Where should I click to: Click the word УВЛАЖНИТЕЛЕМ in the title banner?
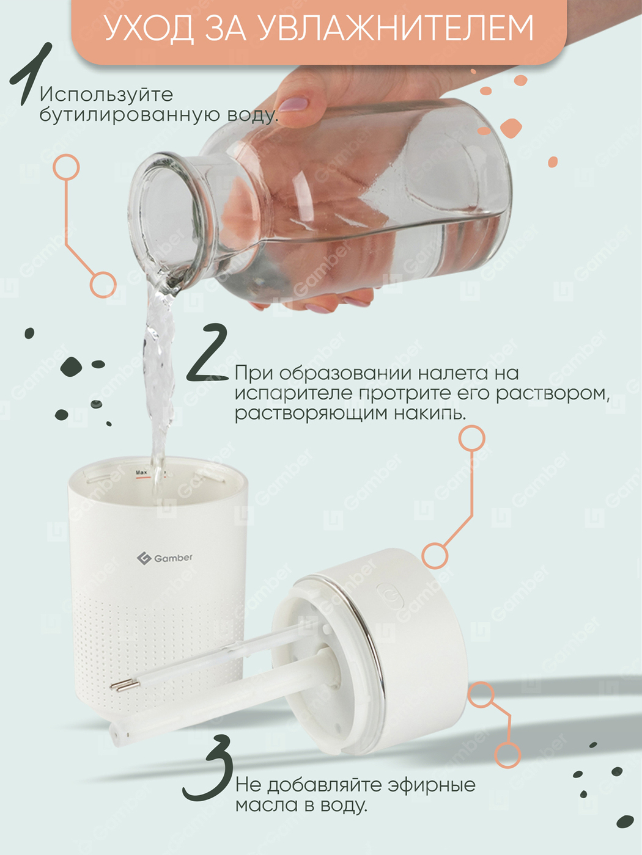coord(396,28)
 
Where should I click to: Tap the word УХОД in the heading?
coord(150,29)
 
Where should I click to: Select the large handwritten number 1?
coord(31,74)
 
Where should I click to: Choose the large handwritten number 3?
coord(208,768)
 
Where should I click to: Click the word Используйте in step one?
coord(106,95)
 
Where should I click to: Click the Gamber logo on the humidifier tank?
coord(165,558)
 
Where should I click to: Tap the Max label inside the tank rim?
coord(141,473)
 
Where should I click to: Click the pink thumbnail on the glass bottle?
coord(293,104)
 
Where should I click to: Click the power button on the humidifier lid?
coord(390,595)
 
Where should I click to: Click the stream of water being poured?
coord(159,374)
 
